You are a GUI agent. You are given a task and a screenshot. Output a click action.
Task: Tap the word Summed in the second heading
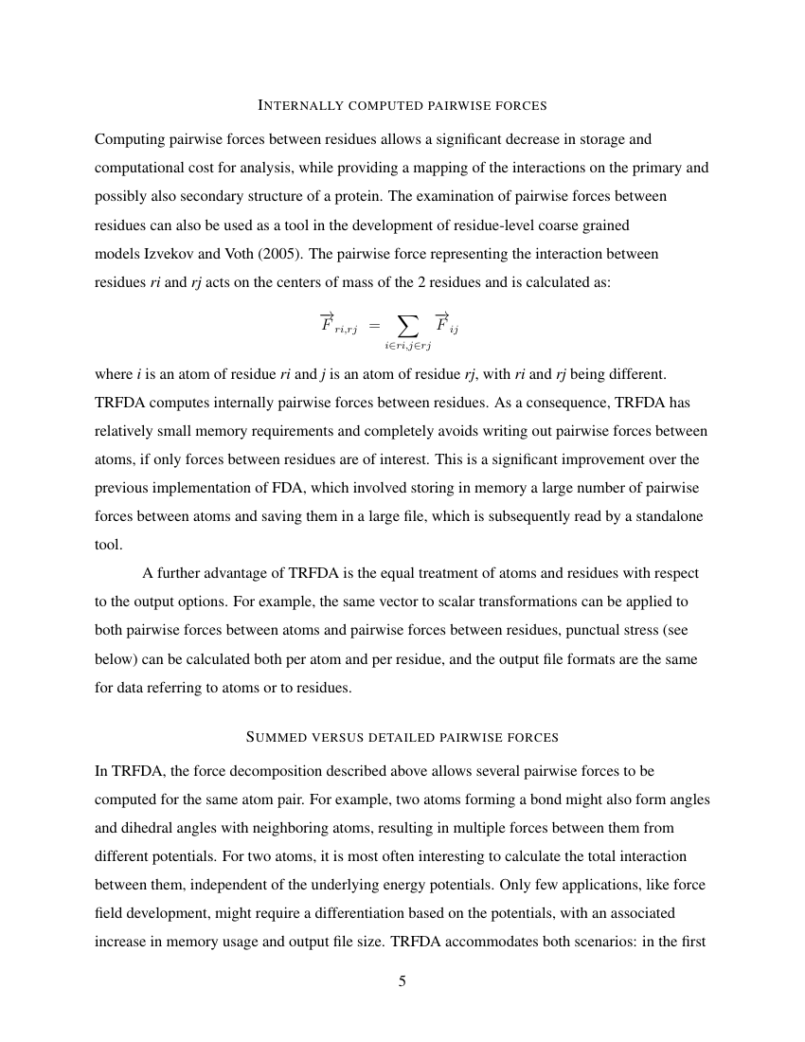click(x=278, y=736)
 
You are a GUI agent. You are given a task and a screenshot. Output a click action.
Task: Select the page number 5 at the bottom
click(x=402, y=981)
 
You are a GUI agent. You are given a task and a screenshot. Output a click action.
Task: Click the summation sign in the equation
click(x=407, y=327)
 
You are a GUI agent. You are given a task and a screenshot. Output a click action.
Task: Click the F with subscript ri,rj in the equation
click(x=336, y=325)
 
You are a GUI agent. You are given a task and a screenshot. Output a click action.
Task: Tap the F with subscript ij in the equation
click(x=446, y=325)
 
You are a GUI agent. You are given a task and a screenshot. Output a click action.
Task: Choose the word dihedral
click(x=151, y=827)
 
